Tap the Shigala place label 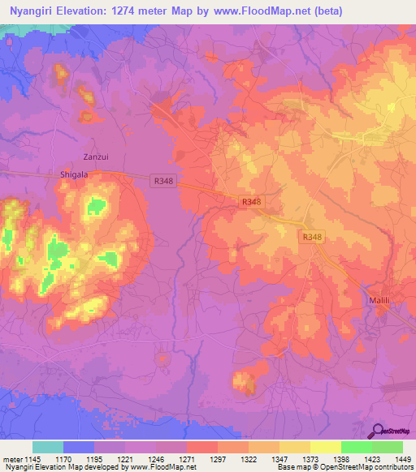click(x=71, y=174)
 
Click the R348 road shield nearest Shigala click(x=160, y=182)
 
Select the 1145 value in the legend click(x=34, y=459)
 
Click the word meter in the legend click(x=12, y=459)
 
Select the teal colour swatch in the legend click(x=48, y=447)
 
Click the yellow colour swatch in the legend click(x=326, y=447)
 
